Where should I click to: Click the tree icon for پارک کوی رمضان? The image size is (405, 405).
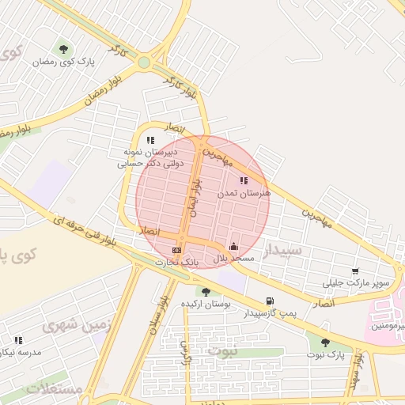click(x=63, y=48)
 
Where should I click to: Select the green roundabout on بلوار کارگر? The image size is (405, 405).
click(x=143, y=62)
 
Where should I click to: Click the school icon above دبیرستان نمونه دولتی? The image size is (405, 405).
click(x=150, y=140)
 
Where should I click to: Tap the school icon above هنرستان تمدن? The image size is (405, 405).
click(x=243, y=181)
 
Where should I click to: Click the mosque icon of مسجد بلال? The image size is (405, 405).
click(x=233, y=247)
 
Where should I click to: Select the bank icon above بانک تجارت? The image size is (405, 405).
click(x=176, y=250)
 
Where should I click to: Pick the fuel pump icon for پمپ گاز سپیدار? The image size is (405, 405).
click(x=271, y=301)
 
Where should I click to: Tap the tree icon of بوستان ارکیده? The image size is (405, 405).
click(x=206, y=292)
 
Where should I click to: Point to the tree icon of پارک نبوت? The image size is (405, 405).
click(x=325, y=343)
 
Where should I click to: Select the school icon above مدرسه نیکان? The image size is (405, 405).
click(x=18, y=340)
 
